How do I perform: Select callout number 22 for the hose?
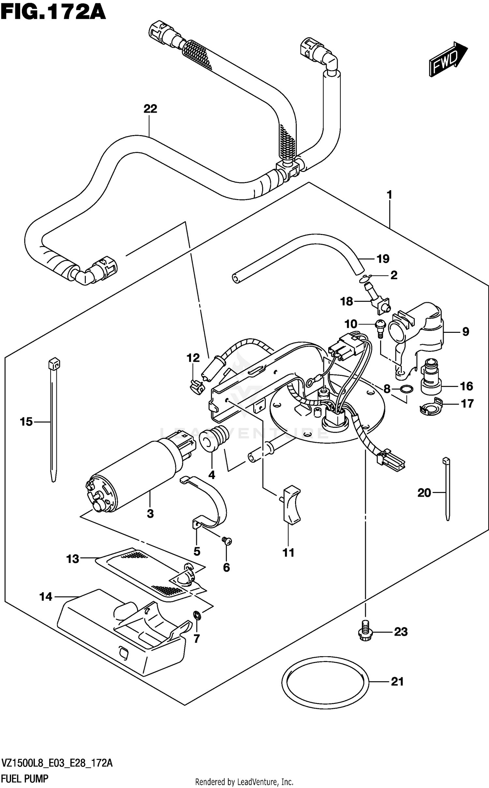[x=150, y=109]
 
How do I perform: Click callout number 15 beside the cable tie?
[x=26, y=422]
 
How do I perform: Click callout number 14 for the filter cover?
[x=46, y=597]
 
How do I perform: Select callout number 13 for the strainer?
[x=72, y=559]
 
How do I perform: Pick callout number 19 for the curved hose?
[x=383, y=259]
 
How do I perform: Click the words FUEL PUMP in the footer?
[x=25, y=779]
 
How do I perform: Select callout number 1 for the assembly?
[x=389, y=195]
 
